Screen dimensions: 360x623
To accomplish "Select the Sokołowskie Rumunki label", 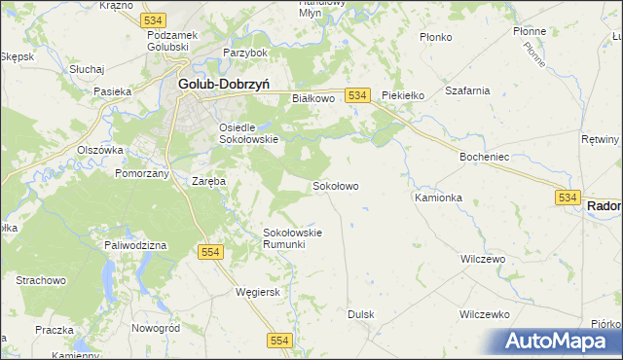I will click(x=292, y=238).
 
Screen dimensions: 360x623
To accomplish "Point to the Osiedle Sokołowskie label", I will click(x=248, y=133).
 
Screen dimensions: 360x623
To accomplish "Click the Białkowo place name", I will click(x=313, y=98).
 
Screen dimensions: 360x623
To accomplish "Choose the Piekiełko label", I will click(x=404, y=95).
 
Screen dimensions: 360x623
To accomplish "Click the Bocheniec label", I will click(x=486, y=156).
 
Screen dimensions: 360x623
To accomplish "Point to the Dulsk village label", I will click(x=361, y=314).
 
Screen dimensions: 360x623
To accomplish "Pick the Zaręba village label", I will click(x=208, y=181).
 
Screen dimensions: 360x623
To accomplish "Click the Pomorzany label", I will click(x=142, y=172).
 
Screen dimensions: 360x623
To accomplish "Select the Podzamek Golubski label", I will click(x=172, y=41).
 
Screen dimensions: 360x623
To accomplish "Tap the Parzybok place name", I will click(x=244, y=52).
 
